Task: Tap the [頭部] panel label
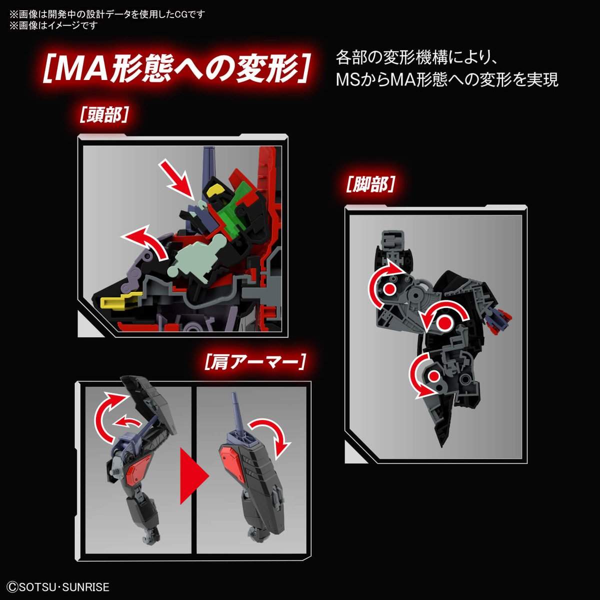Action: pos(104,115)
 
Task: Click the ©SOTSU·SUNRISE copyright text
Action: pos(59,587)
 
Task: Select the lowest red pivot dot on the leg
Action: pos(433,376)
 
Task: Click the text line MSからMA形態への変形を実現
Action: pos(447,79)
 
